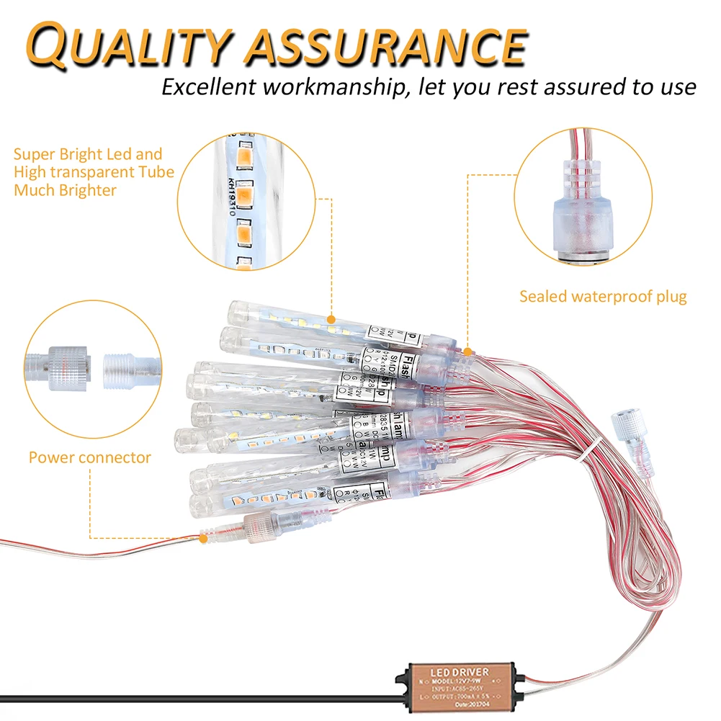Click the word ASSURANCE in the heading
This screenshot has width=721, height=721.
(x=382, y=45)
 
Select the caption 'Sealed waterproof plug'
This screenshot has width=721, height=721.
(x=603, y=296)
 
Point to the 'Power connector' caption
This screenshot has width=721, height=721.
(x=90, y=457)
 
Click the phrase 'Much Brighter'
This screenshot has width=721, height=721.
(x=65, y=191)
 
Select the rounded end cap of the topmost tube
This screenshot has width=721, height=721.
(x=237, y=311)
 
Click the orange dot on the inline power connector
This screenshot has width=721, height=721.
(x=204, y=537)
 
